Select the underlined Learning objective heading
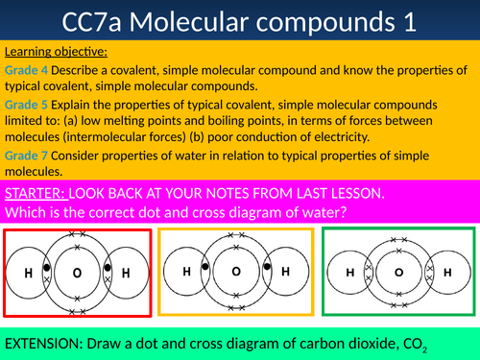pos(56,51)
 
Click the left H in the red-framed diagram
pos(29,274)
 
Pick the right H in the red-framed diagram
pos(124,274)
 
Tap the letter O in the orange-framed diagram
pos(234,271)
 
